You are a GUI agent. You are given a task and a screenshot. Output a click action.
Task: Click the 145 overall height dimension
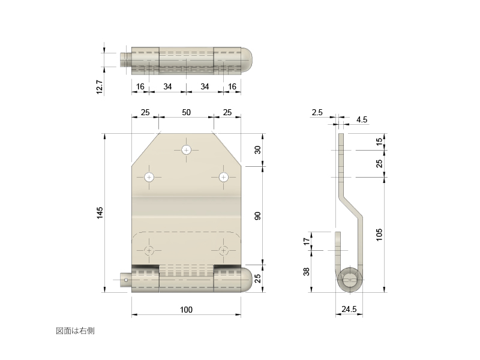[x=100, y=213]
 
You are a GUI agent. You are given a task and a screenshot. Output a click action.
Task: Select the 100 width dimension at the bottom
[x=186, y=310]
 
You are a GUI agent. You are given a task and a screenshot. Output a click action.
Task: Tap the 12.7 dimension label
[x=100, y=87]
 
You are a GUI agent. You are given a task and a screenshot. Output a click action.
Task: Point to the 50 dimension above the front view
[x=186, y=112]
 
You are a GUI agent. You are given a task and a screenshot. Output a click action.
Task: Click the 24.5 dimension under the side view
[x=349, y=309]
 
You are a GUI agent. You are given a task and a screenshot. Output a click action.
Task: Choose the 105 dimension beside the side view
[x=379, y=235]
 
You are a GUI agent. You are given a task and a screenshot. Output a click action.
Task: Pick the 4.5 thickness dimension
[x=362, y=119]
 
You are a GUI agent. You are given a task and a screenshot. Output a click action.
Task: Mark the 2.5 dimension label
[x=317, y=112]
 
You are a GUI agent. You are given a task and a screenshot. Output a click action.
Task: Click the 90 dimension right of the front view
[x=258, y=216]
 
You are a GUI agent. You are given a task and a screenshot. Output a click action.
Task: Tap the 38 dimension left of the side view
[x=307, y=272]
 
